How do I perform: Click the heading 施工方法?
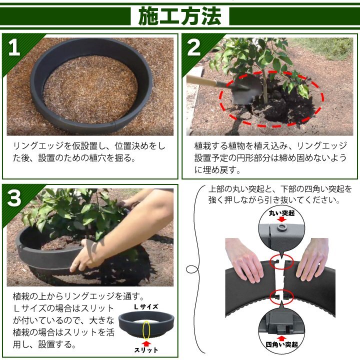[x=180, y=16]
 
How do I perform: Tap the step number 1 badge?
[x=14, y=47]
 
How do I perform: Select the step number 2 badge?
[x=194, y=47]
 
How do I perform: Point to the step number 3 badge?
[x=14, y=198]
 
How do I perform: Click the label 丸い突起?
[x=281, y=213]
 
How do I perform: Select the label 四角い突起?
[x=281, y=344]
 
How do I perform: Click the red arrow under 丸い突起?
[x=281, y=219]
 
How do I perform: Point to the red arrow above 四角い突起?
[x=281, y=338]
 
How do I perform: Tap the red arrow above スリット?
[x=146, y=343]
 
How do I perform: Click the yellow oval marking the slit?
[x=146, y=330]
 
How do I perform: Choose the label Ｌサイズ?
[x=146, y=306]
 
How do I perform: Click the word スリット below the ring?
[x=146, y=350]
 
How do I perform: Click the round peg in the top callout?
[x=281, y=227]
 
